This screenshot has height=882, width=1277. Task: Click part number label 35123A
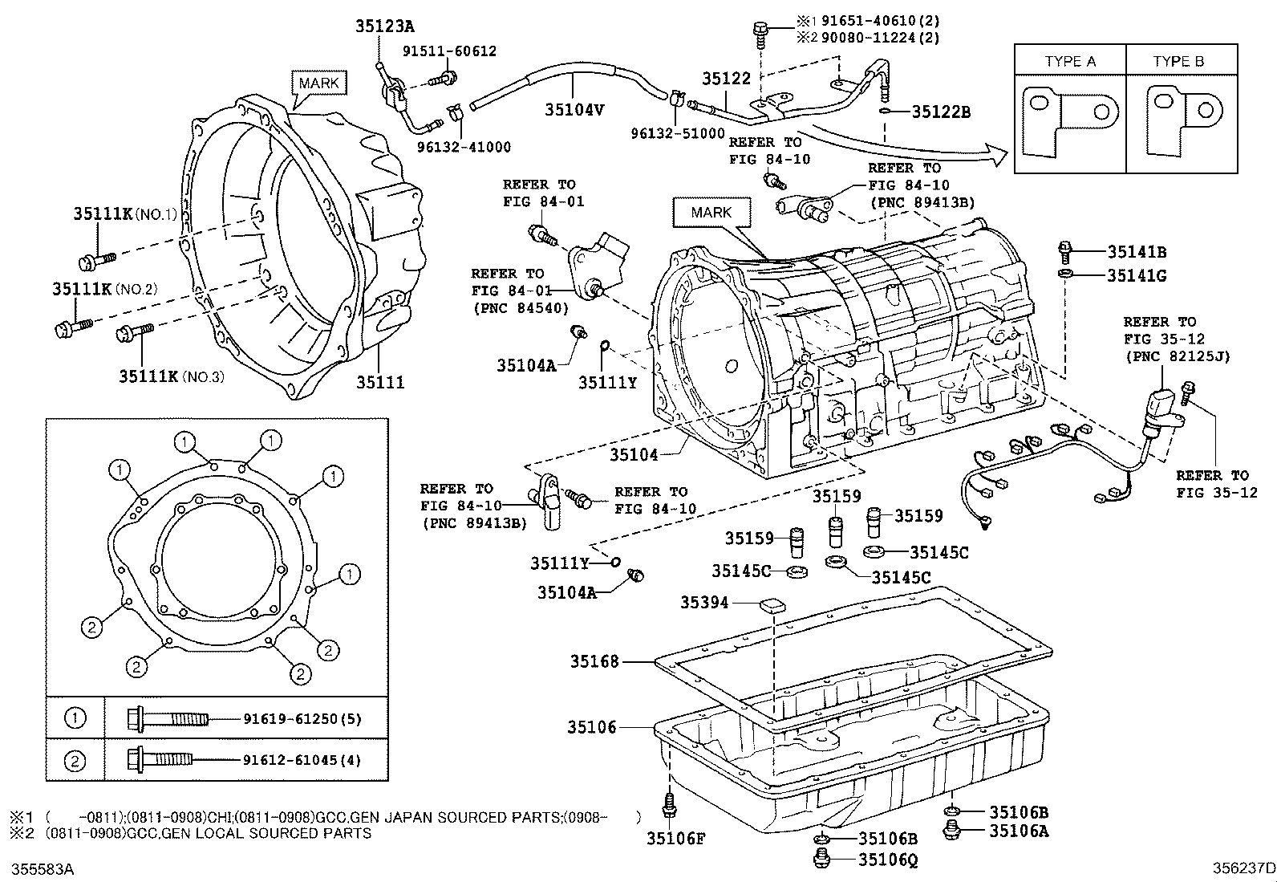(384, 26)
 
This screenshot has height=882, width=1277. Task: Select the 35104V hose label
(574, 110)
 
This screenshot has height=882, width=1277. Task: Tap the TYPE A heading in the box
(1070, 62)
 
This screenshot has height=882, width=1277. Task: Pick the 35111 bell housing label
(380, 383)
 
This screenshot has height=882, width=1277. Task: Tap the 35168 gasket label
(594, 661)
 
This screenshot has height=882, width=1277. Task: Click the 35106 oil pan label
(592, 727)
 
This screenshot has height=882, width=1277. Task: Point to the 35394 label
(704, 602)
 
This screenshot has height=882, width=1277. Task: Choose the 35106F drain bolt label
(675, 839)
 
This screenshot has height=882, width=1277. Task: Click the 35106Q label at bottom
(887, 860)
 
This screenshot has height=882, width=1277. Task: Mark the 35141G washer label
(1137, 276)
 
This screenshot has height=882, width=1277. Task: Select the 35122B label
(941, 112)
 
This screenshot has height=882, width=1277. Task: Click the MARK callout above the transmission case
(711, 213)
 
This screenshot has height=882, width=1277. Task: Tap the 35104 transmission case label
(634, 455)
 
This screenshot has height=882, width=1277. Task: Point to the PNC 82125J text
(1177, 356)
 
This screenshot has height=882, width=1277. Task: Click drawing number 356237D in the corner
(1243, 868)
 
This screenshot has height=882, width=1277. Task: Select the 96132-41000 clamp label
(464, 148)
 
